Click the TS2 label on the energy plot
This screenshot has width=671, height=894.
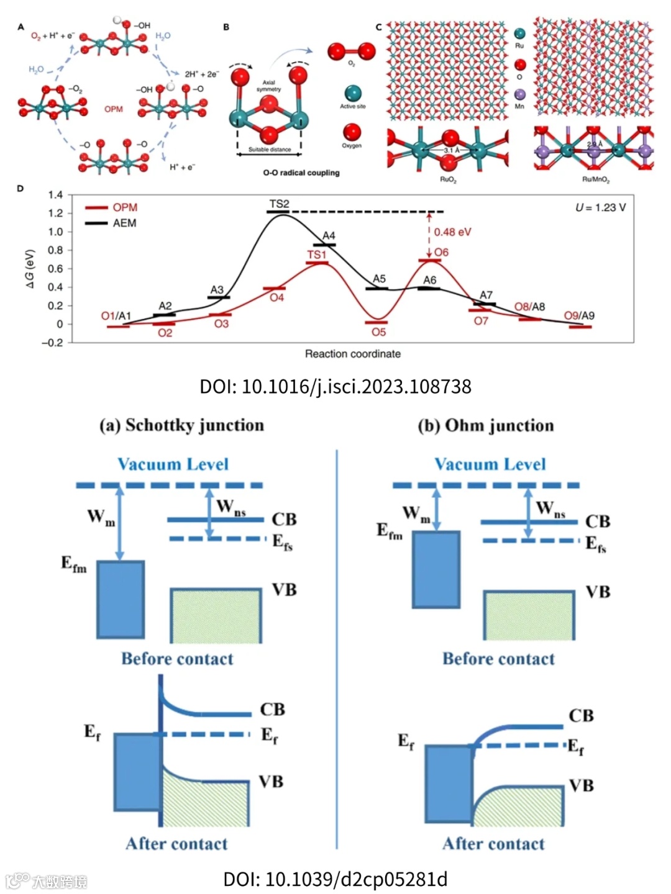point(279,204)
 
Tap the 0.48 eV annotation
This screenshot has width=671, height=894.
point(452,232)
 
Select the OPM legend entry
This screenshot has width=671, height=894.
point(124,207)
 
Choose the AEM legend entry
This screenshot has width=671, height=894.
point(124,223)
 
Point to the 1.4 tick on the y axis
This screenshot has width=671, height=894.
point(56,195)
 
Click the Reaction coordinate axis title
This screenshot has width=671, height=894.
point(352,354)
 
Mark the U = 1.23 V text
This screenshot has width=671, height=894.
point(600,207)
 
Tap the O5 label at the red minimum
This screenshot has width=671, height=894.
point(378,332)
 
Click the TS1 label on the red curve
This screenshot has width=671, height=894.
point(316,255)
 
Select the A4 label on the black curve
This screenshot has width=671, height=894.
point(329,236)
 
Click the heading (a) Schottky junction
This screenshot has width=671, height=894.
point(181,425)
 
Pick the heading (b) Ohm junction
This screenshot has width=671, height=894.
point(485,425)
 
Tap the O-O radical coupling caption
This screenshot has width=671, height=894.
point(301,173)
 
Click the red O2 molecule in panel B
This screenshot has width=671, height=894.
point(352,51)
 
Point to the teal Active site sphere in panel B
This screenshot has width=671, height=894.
point(352,94)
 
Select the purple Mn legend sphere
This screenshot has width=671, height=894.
point(519,95)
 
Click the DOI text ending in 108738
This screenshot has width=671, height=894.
point(335,386)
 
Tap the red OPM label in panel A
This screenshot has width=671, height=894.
point(114,109)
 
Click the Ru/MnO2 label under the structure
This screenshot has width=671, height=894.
point(595,179)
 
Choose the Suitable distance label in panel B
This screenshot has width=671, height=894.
point(270,150)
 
